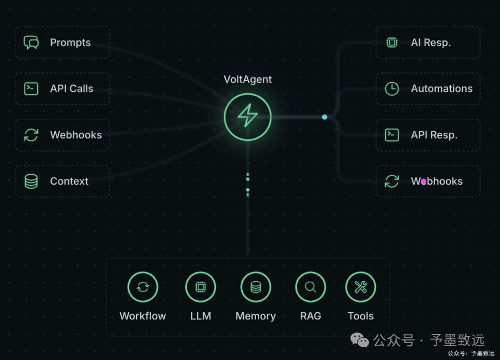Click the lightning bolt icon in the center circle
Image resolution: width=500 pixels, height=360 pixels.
pos(248,116)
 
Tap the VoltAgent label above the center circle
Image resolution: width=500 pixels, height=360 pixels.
pos(248,79)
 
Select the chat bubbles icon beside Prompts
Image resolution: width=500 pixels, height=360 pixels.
pos(31,43)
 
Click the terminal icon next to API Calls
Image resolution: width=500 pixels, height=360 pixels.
pos(31,88)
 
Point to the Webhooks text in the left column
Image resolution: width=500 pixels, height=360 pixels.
pos(76,135)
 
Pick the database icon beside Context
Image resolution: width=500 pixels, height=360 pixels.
pos(31,181)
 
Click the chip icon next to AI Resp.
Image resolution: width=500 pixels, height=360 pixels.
pos(392,43)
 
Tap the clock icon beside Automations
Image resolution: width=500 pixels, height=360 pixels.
pos(392,88)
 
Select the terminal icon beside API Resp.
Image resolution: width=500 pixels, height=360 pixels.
pos(392,135)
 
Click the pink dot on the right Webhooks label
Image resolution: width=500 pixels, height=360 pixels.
pos(423,182)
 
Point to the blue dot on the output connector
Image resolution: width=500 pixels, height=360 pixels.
pos(325,117)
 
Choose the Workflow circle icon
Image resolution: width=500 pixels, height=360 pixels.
pos(143,287)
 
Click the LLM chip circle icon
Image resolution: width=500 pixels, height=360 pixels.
pos(200,287)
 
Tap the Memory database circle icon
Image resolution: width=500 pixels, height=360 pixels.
pos(256,287)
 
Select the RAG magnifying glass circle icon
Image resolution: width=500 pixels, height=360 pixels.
pos(311,287)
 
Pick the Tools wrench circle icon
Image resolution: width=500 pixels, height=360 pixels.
pos(361,287)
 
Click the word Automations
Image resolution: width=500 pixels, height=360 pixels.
pos(442,88)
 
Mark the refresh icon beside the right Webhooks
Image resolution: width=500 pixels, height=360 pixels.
pos(392,181)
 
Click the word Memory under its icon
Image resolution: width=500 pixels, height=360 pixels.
pos(256,316)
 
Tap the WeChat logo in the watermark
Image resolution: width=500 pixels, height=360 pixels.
pos(360,341)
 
